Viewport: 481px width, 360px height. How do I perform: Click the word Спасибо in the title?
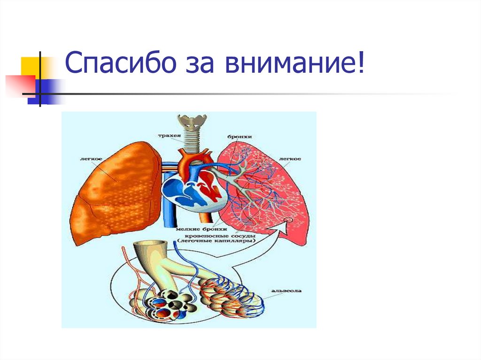click(114, 64)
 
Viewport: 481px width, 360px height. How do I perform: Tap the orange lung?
click(115, 197)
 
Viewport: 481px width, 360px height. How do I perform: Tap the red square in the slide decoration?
click(20, 85)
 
